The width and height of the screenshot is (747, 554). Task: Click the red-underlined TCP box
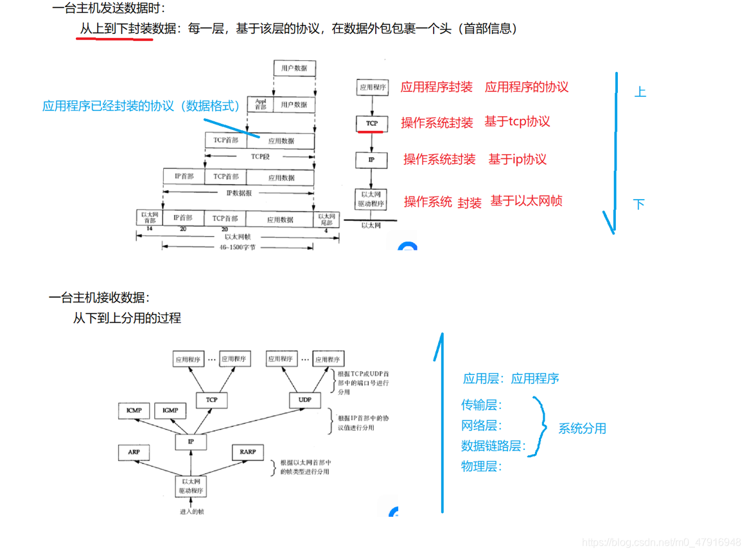[x=371, y=123]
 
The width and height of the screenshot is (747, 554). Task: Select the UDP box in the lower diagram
[x=305, y=400]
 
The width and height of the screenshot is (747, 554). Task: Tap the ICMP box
[x=134, y=410]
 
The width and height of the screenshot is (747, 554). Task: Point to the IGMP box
[x=170, y=410]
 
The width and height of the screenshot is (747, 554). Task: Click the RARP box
[x=248, y=452]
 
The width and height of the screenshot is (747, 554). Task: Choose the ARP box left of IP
[x=134, y=452]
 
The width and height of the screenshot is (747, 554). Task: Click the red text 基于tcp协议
[x=517, y=121]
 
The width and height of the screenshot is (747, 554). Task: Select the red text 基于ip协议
[x=517, y=159]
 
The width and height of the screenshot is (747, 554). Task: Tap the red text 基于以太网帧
[x=526, y=201]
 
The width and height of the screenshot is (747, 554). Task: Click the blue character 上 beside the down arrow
[x=640, y=92]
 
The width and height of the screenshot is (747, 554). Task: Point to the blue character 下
[x=638, y=204]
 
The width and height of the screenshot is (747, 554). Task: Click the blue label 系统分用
[x=582, y=428]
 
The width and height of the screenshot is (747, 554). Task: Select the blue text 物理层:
[x=481, y=467]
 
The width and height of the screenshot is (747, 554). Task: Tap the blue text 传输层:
[x=481, y=405]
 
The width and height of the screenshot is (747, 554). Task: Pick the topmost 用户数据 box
[x=294, y=68]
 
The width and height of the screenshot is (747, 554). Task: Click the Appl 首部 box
[x=260, y=104]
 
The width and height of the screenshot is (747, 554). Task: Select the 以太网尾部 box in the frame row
[x=326, y=218]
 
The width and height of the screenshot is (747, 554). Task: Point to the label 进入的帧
[x=192, y=512]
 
